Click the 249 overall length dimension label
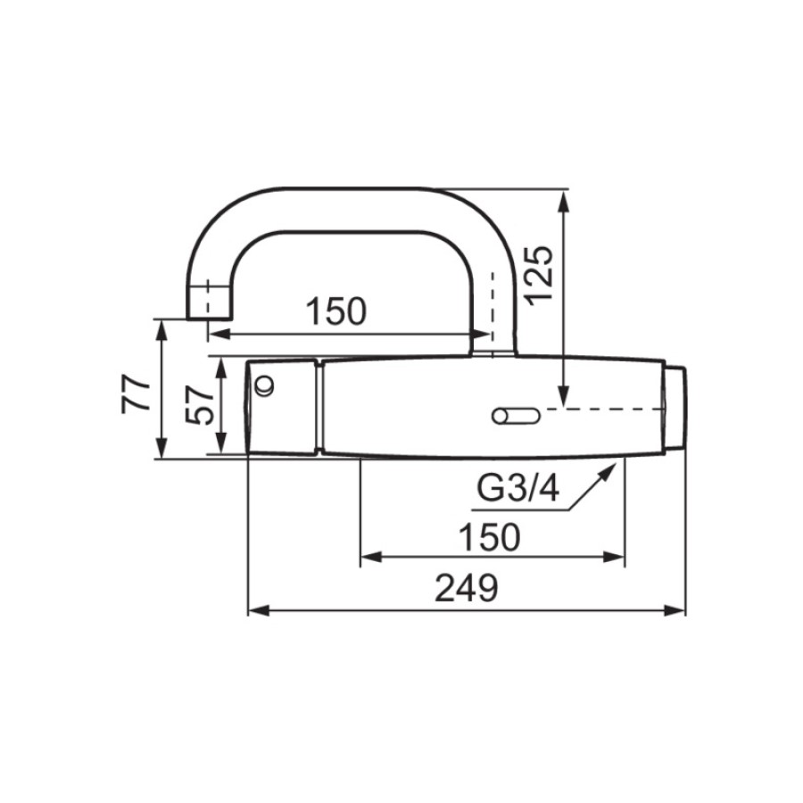click(466, 588)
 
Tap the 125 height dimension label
click(541, 276)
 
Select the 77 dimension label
click(137, 393)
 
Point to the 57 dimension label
click(199, 406)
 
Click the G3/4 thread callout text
click(517, 488)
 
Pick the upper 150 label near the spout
click(336, 310)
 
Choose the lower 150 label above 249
click(490, 537)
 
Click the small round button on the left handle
click(265, 385)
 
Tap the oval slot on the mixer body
click(516, 415)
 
